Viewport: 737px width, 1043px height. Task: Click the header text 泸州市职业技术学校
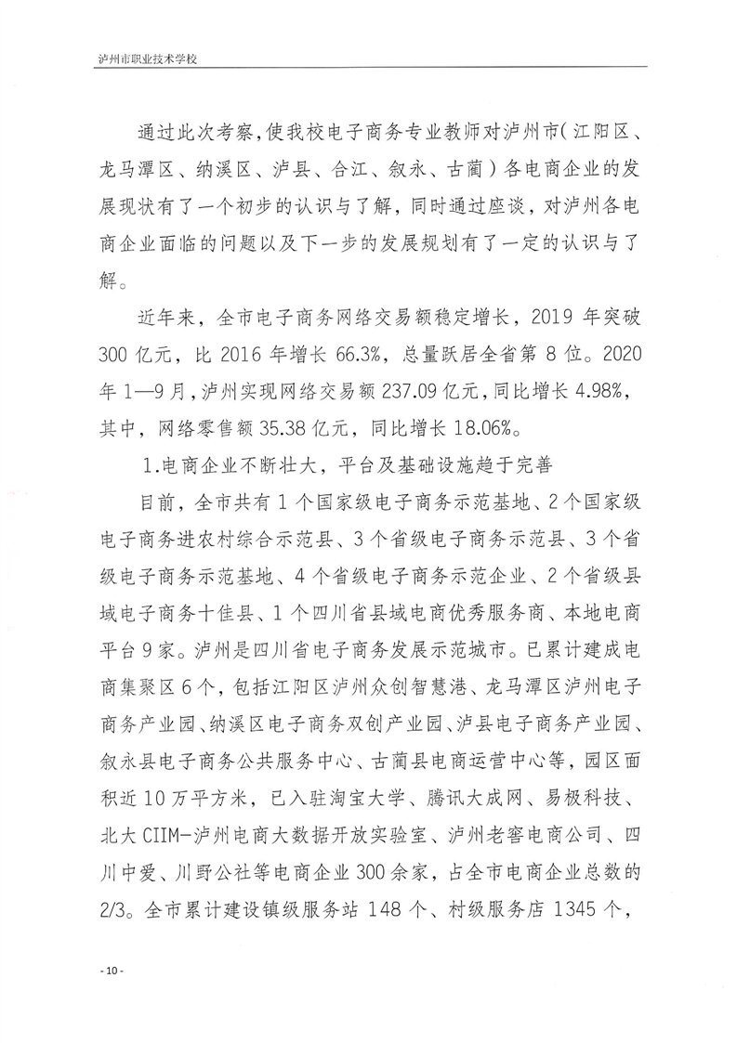[151, 58]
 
